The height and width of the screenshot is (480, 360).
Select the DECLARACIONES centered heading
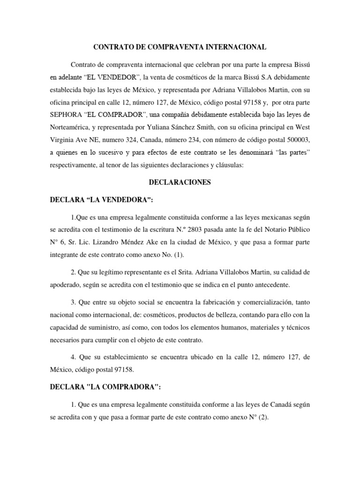click(180, 183)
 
